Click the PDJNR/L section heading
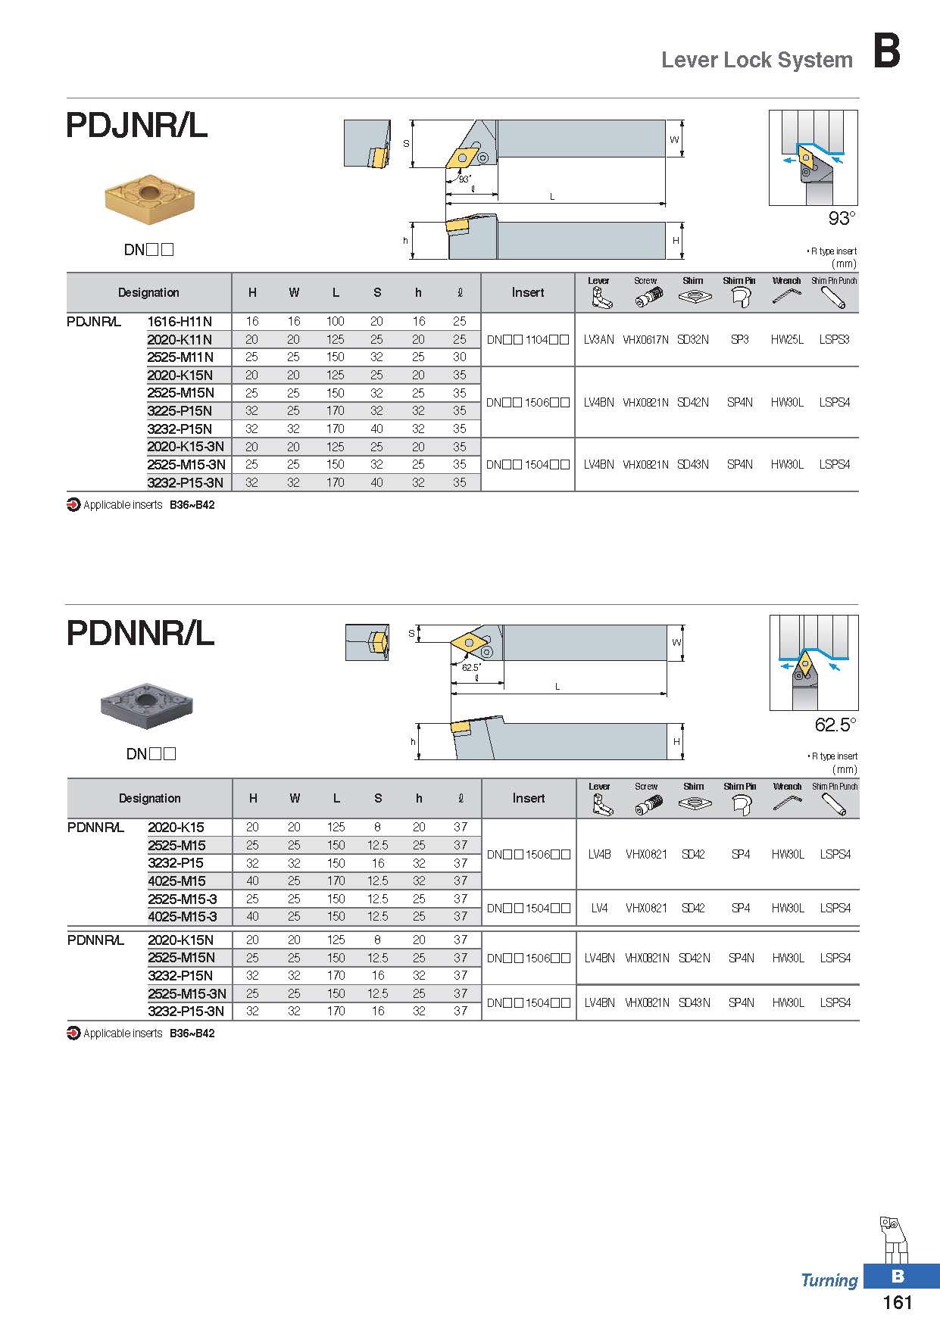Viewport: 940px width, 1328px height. click(x=137, y=126)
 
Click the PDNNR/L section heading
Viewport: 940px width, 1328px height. click(x=141, y=633)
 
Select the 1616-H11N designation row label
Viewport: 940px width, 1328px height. click(x=180, y=321)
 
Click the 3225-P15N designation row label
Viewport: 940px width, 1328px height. click(x=180, y=410)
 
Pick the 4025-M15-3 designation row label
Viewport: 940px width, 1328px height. click(x=183, y=916)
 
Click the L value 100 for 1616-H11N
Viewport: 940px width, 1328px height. click(x=336, y=321)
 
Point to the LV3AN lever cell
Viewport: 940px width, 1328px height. click(x=598, y=339)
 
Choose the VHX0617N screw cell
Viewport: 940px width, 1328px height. click(x=645, y=339)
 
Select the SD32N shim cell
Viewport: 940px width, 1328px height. click(x=693, y=339)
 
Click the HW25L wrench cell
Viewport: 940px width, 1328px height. click(x=787, y=339)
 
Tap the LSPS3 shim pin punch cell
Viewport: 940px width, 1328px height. click(x=834, y=339)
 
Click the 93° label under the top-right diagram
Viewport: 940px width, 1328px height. click(x=842, y=219)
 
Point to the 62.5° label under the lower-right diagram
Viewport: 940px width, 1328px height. click(x=835, y=725)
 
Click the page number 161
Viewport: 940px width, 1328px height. click(x=898, y=1302)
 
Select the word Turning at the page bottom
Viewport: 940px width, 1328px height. click(x=829, y=1280)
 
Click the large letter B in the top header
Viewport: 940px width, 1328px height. click(x=887, y=51)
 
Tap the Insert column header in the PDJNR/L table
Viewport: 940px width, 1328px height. click(x=528, y=292)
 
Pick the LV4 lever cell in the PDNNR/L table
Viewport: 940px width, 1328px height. click(x=599, y=908)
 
